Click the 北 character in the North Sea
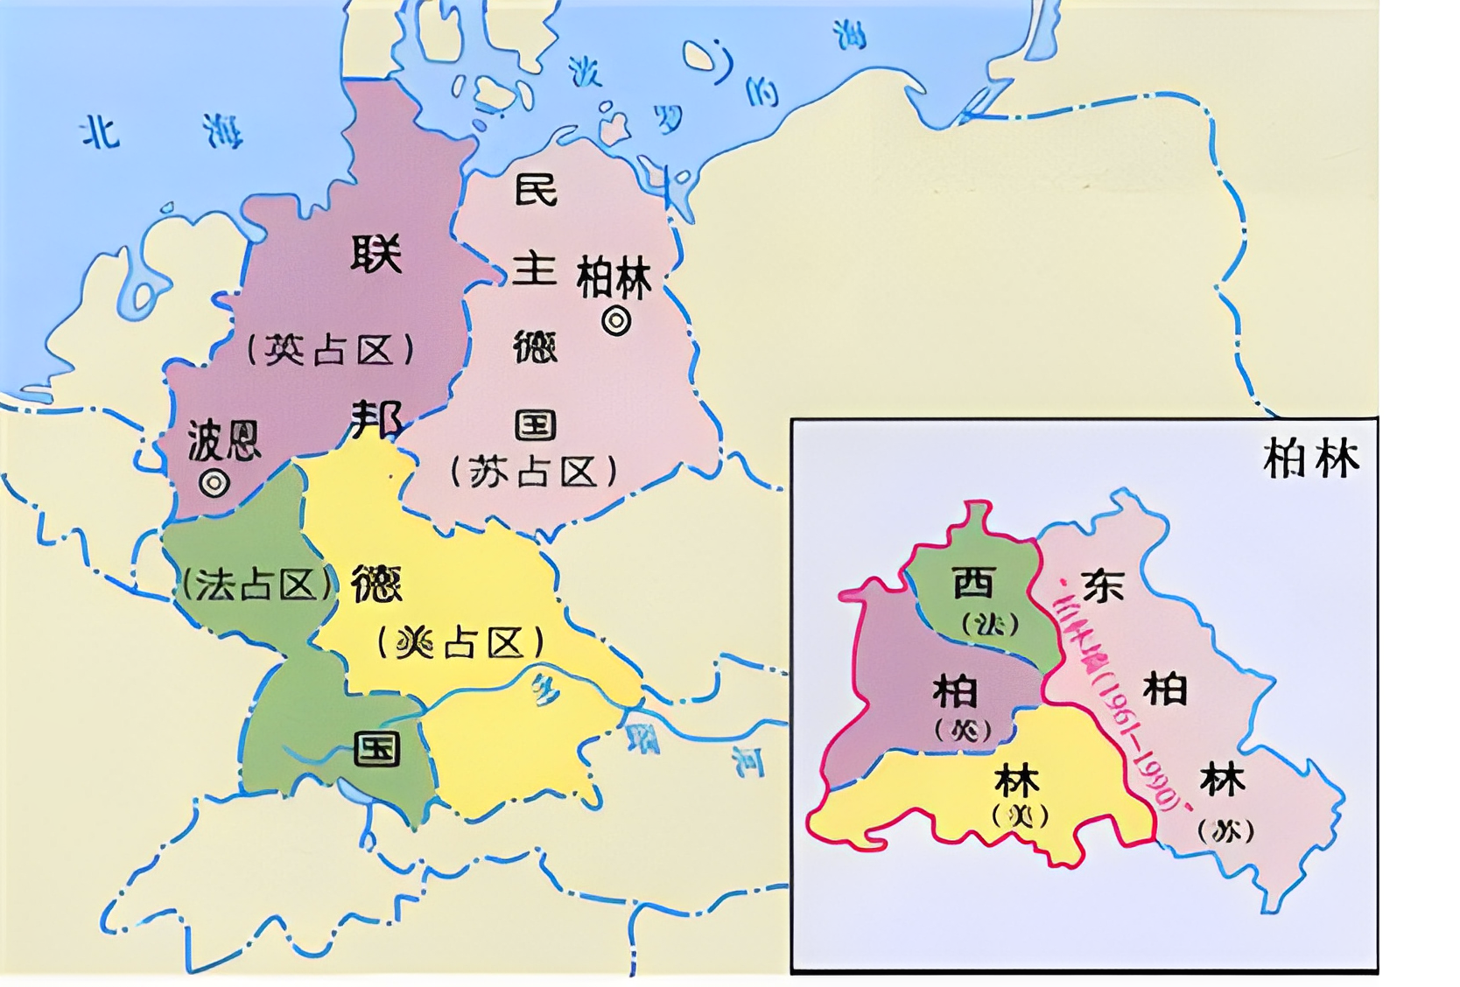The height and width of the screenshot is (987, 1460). point(100,133)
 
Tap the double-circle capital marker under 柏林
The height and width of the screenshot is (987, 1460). point(616,321)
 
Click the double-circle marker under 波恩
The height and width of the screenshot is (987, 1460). point(214,482)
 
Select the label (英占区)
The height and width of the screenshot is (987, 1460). point(330,351)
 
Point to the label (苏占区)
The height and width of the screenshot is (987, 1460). point(534,472)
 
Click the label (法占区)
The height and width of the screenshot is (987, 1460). point(256,584)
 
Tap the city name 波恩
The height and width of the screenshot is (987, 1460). point(224,439)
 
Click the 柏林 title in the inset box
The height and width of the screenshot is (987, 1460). point(1310,458)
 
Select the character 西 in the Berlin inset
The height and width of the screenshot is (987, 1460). point(974,582)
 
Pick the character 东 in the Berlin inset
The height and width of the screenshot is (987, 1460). point(1102,585)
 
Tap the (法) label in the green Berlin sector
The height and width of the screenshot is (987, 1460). point(990,624)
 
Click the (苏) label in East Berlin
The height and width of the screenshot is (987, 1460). point(1225,830)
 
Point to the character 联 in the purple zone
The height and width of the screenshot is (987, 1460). point(376,254)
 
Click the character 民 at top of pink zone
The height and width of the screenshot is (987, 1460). point(536,190)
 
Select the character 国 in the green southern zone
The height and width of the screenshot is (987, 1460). point(377,749)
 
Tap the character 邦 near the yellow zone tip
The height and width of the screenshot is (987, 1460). point(376,418)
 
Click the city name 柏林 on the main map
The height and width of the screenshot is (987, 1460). point(614,279)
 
